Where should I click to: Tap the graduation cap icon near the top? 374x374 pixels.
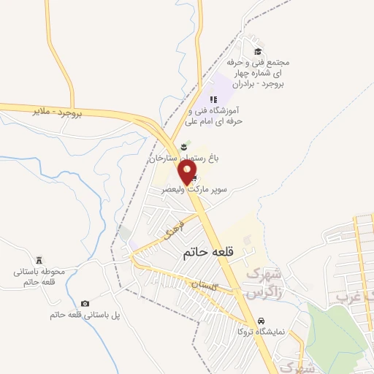pyautogui.click(x=257, y=51)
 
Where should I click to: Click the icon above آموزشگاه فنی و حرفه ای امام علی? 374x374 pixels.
pyautogui.click(x=213, y=100)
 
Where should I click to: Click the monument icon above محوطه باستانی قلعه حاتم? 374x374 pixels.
pyautogui.click(x=39, y=260)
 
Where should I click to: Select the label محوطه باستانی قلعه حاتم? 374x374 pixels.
pyautogui.click(x=39, y=277)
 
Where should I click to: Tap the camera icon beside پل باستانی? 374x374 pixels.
pyautogui.click(x=85, y=303)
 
